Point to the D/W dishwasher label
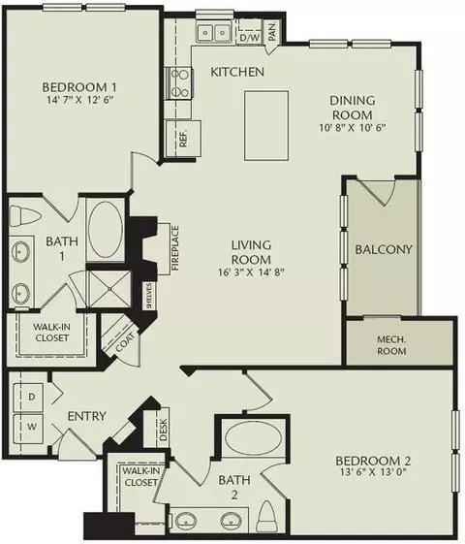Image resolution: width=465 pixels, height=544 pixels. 249,37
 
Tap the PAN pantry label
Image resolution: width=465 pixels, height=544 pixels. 273,32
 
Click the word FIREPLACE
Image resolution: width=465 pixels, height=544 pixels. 175,249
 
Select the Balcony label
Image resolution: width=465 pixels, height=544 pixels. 384,249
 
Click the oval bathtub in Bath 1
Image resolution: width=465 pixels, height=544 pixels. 107,230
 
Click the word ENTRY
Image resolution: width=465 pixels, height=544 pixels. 86,417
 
